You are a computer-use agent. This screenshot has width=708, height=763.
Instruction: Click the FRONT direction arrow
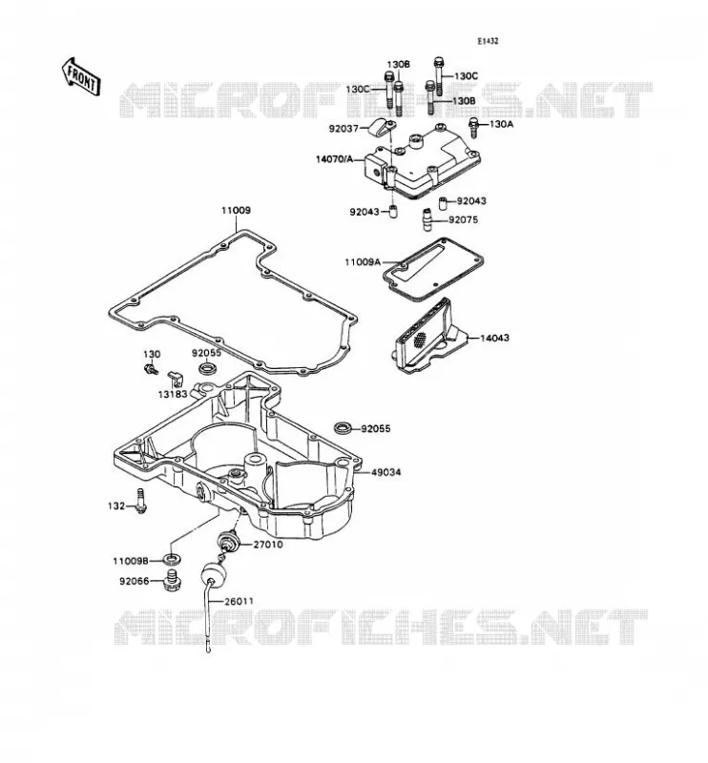81,76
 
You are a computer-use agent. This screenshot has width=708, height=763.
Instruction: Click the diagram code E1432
488,41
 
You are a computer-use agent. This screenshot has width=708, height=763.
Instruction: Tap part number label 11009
237,210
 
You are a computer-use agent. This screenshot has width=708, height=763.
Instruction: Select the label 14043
494,338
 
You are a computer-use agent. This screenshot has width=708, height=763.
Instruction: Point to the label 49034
386,472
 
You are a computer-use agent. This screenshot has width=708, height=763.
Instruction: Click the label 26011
239,602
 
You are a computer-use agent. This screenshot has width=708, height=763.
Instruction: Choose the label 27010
268,545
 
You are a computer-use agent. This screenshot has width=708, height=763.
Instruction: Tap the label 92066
134,581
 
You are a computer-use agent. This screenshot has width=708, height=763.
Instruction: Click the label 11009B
131,561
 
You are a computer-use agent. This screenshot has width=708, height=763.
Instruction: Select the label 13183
173,394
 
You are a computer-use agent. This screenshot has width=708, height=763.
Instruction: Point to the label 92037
344,129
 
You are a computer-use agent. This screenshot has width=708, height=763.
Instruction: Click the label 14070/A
334,159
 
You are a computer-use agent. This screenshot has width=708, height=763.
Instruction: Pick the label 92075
463,220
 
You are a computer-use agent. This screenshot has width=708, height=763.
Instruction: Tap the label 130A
501,124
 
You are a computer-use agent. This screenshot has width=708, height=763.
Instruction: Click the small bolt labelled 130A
472,127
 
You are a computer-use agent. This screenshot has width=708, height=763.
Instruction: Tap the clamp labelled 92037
383,128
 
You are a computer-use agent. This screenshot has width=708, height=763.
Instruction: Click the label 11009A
363,262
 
